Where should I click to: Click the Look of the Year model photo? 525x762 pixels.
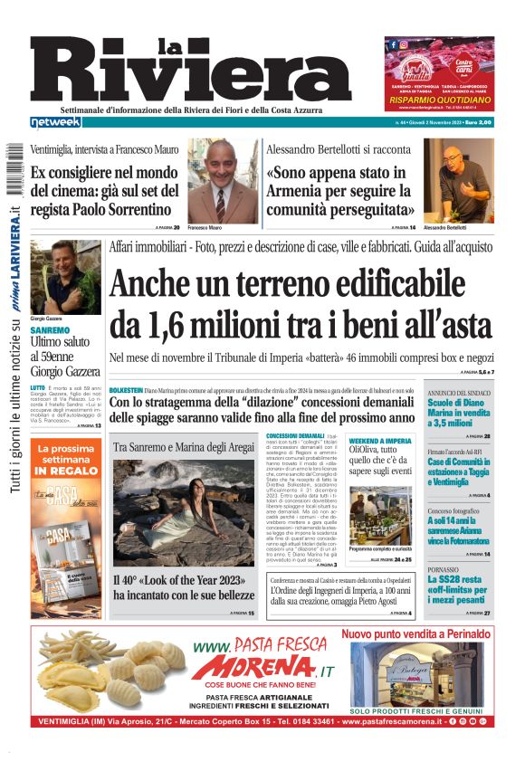tap(184, 511)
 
